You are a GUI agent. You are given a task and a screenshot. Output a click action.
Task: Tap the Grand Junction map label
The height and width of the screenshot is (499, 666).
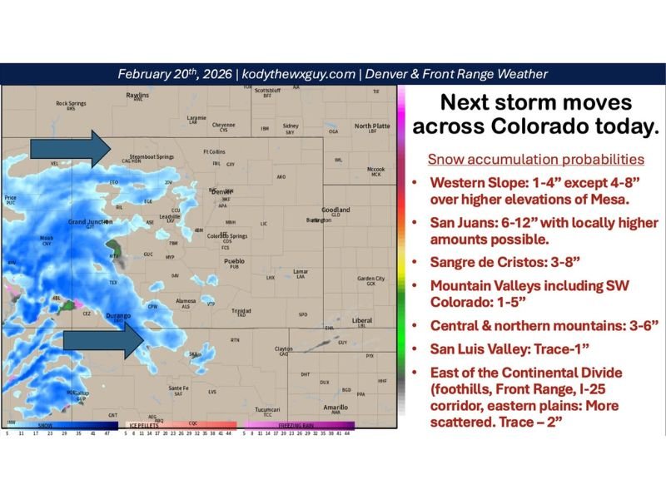click(x=89, y=222)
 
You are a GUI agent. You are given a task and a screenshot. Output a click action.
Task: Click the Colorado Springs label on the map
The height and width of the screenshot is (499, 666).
click(x=226, y=236)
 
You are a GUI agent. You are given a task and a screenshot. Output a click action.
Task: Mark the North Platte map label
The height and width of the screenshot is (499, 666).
click(x=372, y=126)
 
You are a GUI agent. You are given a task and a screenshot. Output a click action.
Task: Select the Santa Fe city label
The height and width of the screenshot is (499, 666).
click(x=178, y=388)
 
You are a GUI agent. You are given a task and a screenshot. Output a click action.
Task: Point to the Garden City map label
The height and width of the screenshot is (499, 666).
click(x=370, y=279)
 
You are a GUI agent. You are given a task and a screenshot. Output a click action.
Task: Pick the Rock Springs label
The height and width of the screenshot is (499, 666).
click(x=71, y=103)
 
